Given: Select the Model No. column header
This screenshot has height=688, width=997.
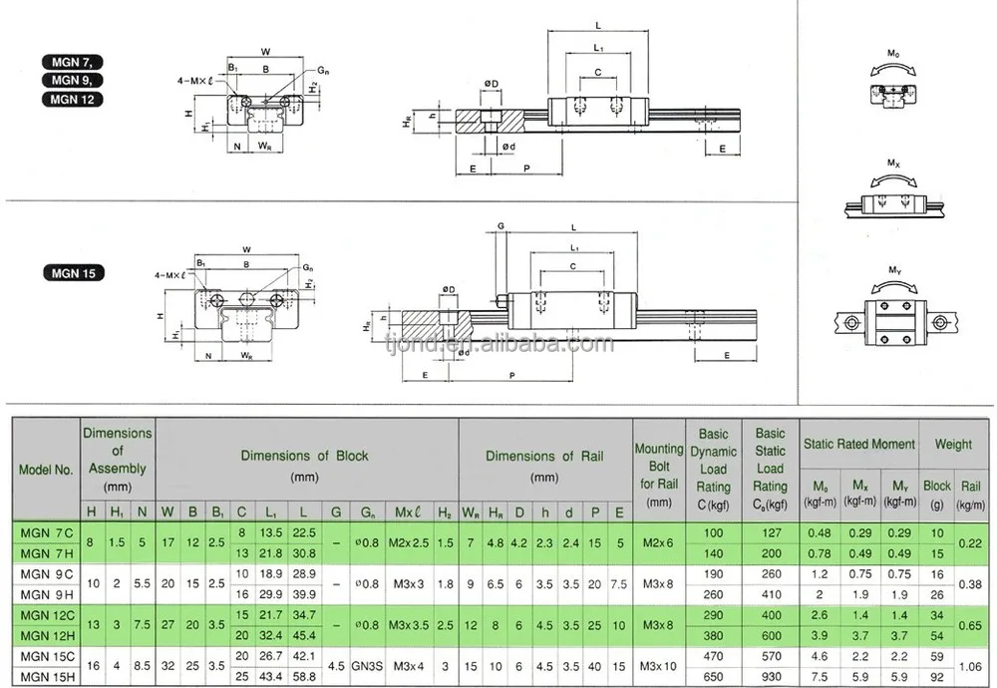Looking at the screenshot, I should (45, 469).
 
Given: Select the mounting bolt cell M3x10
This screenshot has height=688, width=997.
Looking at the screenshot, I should (659, 665).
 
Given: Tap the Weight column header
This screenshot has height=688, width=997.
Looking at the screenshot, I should (953, 444).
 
